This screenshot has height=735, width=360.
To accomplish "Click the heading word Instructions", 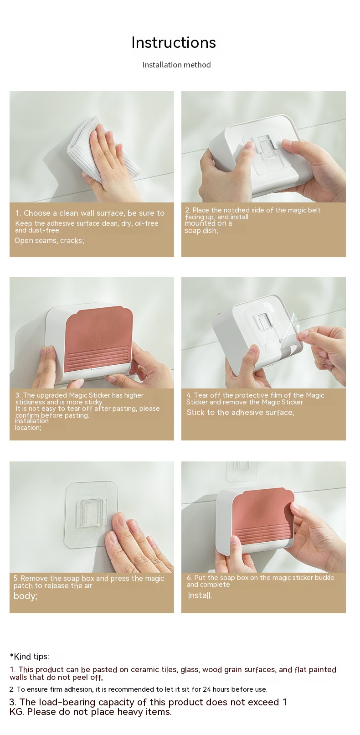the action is [174, 43].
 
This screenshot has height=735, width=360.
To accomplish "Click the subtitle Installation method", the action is [176, 65].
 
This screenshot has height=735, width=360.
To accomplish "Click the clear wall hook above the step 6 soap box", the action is [242, 471].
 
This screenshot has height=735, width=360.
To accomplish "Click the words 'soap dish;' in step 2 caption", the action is [201, 231].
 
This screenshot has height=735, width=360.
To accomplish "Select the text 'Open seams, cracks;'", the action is [49, 240].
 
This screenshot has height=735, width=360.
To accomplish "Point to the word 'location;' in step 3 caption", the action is [28, 428].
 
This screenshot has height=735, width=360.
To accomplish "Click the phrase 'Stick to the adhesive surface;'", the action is [240, 413].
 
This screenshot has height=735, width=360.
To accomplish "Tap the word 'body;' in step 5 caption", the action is [25, 596].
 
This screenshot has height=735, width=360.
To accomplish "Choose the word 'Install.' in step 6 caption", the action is [200, 595].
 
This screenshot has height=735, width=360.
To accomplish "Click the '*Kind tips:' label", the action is [30, 656].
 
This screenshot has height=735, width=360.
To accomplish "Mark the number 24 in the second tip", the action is [207, 689].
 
